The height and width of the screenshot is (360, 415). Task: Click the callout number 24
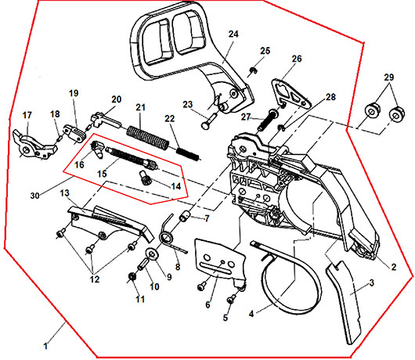click(x=233, y=34)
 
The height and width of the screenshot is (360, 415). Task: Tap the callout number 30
click(x=35, y=196)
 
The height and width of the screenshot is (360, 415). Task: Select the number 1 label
click(x=45, y=346)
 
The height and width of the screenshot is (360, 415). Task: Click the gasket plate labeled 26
click(x=290, y=93)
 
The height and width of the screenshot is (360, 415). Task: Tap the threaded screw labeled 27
click(x=269, y=121)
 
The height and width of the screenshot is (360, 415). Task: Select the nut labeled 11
click(x=132, y=277)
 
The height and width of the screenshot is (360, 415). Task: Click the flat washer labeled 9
click(x=153, y=254)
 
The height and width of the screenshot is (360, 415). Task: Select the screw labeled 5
click(x=231, y=300)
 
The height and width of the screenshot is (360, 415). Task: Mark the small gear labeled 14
click(x=144, y=177)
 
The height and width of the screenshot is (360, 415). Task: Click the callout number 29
click(x=389, y=77)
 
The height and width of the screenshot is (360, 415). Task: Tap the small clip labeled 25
click(x=254, y=70)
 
